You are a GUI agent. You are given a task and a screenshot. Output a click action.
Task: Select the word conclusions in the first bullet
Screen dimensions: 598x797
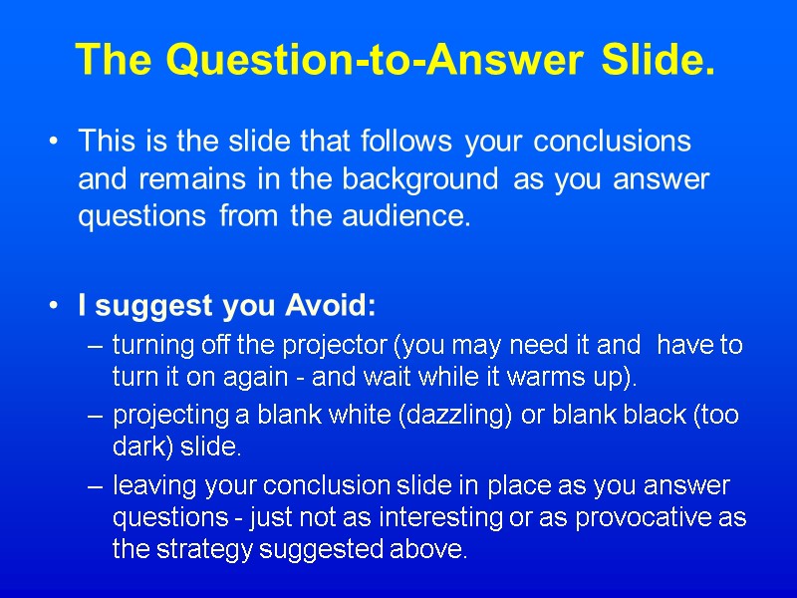pos(612,142)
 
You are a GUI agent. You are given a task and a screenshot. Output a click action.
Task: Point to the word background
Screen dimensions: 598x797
pos(419,179)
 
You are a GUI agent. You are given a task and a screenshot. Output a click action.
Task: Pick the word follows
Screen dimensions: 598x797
pos(403,142)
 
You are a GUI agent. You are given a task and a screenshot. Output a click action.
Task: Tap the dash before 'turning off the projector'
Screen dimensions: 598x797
pos(95,347)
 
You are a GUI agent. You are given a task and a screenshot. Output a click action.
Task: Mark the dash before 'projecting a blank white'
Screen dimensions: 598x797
pos(95,416)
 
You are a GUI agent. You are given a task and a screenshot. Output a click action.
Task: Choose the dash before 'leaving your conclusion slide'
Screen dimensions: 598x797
pos(95,486)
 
